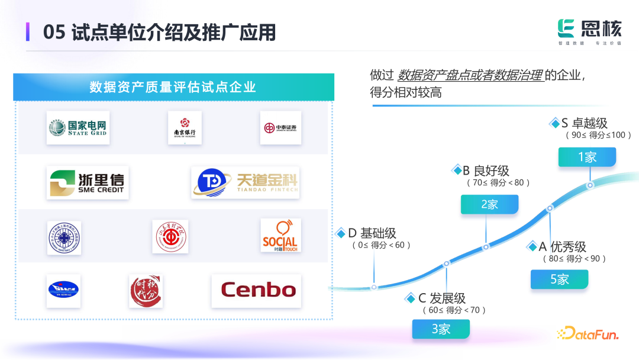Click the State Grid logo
coord(78,128)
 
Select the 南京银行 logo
coord(185,128)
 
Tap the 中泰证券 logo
coord(280,128)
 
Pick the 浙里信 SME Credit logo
coord(88,182)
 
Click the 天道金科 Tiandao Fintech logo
coord(245,182)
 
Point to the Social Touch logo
coord(280,236)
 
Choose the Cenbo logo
coord(258,290)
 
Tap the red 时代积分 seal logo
coord(146,291)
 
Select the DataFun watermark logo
coord(588,334)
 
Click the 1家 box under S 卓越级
coord(587,157)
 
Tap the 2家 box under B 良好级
coord(489,204)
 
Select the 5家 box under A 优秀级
coord(559,279)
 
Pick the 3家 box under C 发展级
coord(441,329)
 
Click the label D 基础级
coord(372,233)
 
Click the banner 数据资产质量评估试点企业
coord(173,87)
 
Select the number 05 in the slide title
coord(54,32)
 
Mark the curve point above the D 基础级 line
coord(374,287)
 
